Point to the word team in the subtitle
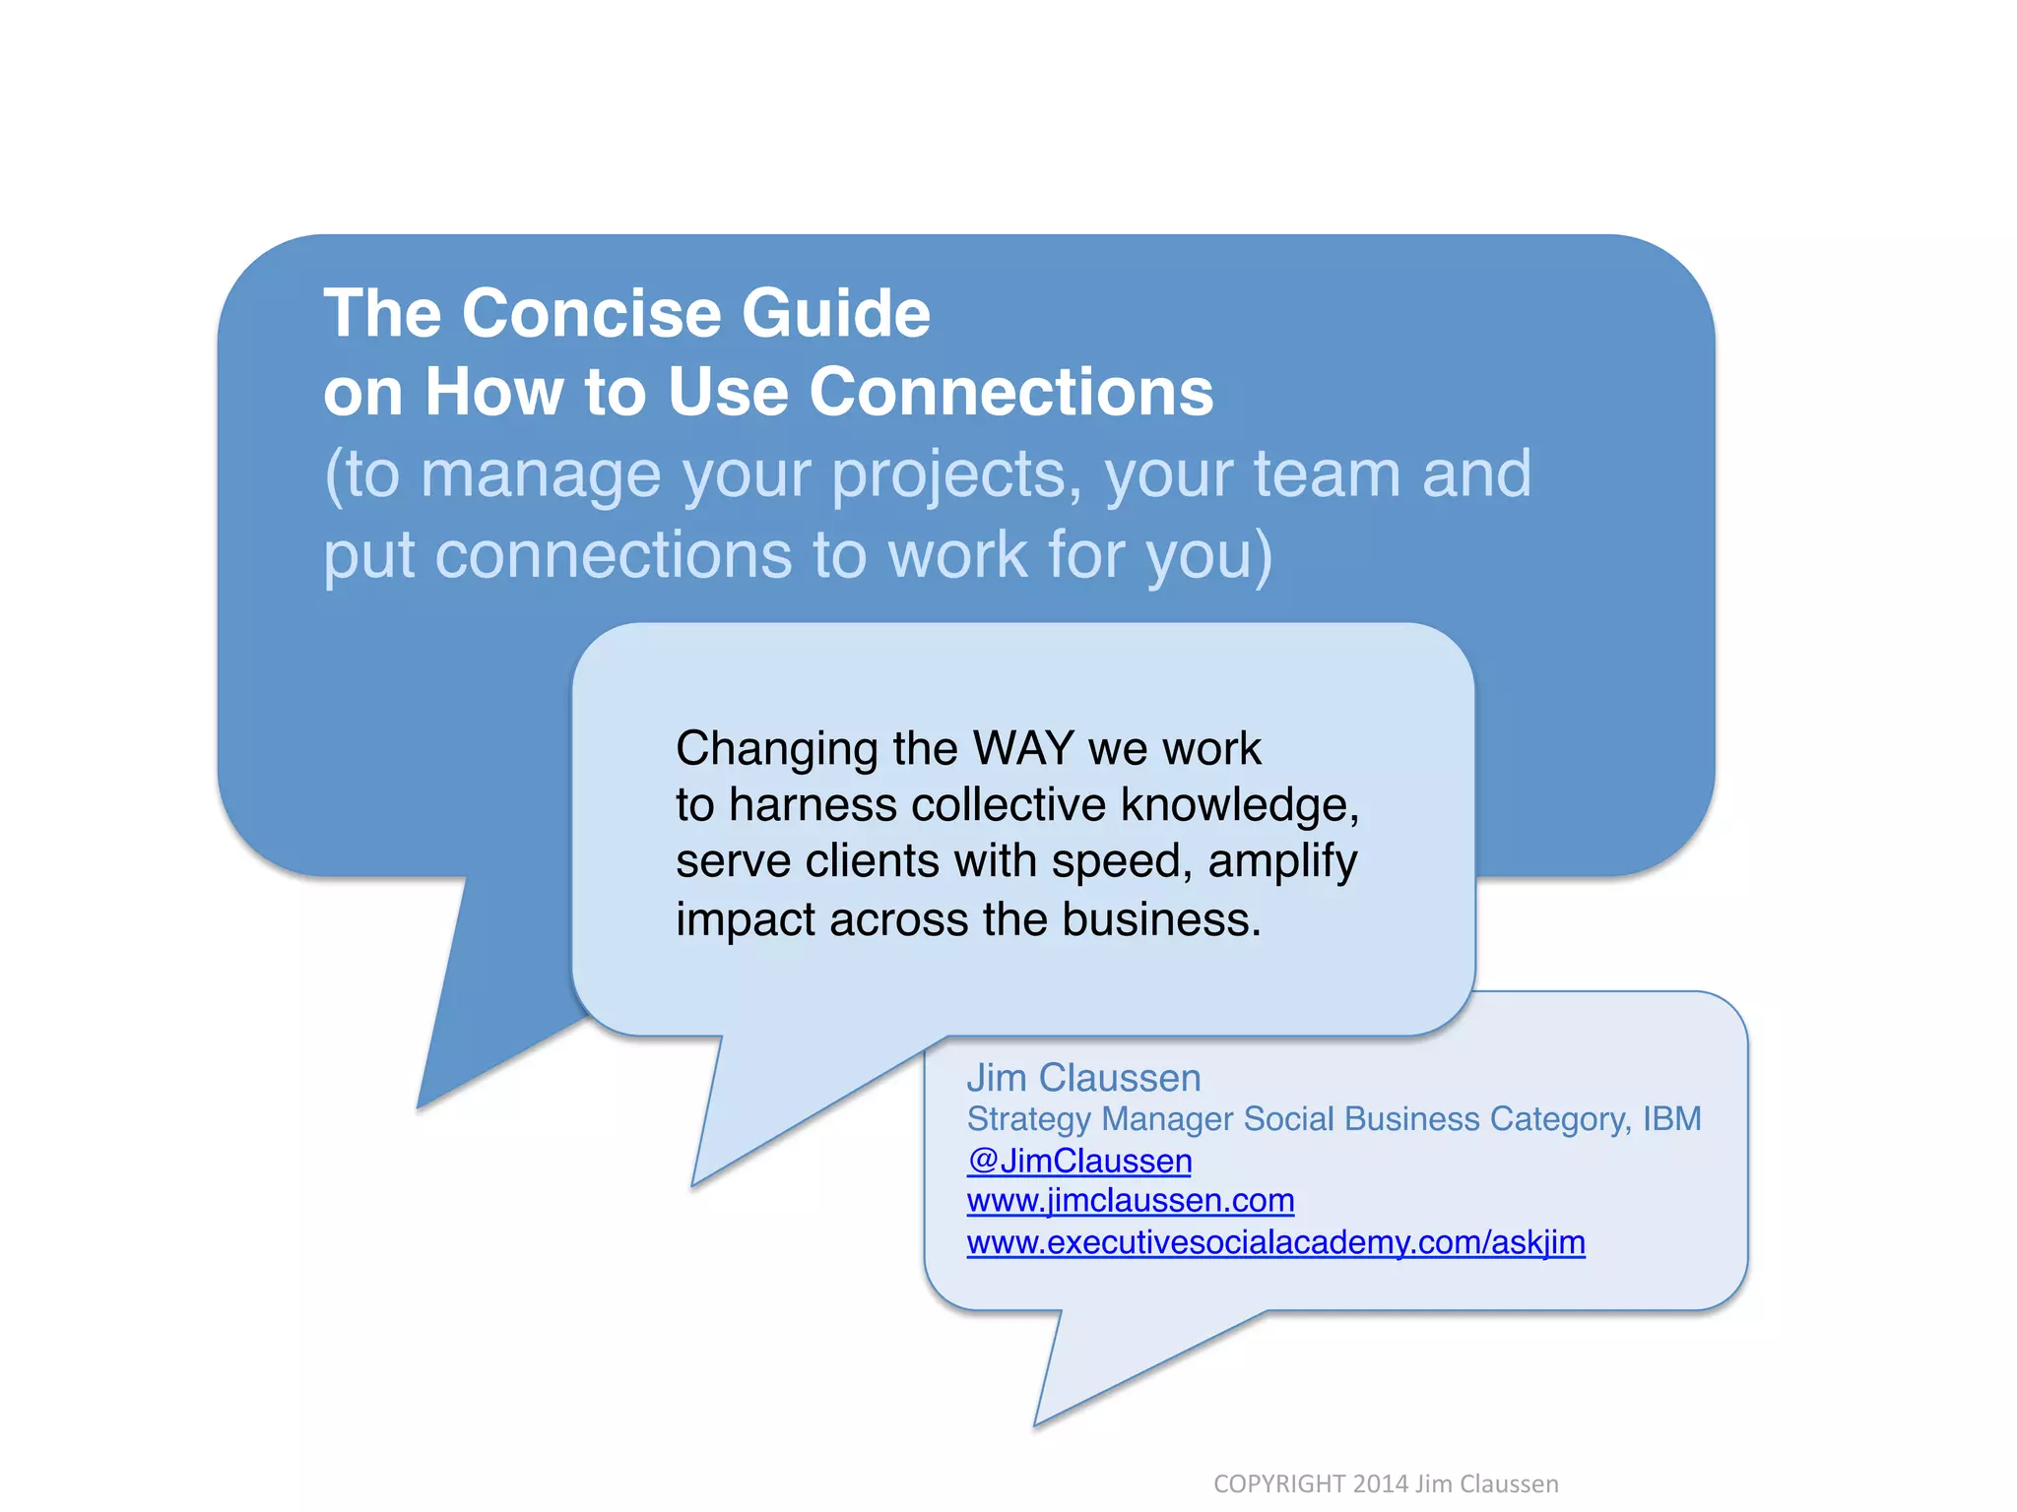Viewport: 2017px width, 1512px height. click(x=1326, y=473)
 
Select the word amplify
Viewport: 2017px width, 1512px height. click(x=1282, y=862)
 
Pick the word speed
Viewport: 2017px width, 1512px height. click(x=1121, y=862)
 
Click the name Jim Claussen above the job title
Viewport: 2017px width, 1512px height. click(x=1083, y=1078)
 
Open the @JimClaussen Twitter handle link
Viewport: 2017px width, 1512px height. click(x=1079, y=1161)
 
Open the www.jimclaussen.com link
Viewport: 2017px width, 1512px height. click(x=1130, y=1201)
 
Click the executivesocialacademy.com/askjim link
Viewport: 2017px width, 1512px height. click(x=1275, y=1242)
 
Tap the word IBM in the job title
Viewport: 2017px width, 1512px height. click(x=1671, y=1119)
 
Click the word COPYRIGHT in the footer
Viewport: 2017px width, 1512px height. click(x=1278, y=1483)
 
